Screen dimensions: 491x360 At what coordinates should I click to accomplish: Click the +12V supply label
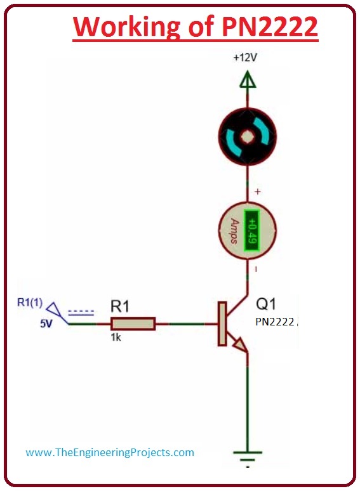(x=246, y=57)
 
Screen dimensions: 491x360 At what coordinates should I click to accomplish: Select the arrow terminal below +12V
(x=248, y=81)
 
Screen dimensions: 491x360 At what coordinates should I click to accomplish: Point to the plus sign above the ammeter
(x=257, y=191)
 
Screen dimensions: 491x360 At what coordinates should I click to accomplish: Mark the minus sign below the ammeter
(x=257, y=269)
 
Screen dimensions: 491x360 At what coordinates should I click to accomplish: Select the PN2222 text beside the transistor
(x=275, y=322)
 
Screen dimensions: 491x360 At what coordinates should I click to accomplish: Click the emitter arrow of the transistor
(x=240, y=344)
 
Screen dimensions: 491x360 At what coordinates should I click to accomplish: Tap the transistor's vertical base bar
(x=222, y=324)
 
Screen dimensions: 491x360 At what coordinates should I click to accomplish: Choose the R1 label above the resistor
(x=120, y=306)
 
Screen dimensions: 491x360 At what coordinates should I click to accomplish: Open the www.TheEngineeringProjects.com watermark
(x=110, y=453)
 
